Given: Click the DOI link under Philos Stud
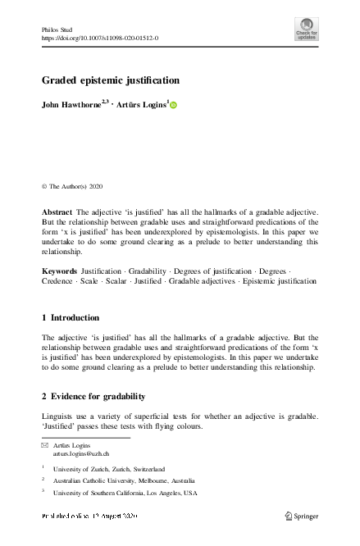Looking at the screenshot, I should click(99, 38).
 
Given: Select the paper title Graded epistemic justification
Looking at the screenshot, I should click(111, 80).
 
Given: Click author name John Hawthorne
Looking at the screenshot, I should click(71, 105).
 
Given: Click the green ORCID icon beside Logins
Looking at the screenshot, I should click(174, 105).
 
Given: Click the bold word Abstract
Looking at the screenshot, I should click(57, 212).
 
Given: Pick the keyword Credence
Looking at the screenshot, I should click(57, 280).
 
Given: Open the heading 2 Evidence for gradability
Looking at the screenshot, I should click(93, 397).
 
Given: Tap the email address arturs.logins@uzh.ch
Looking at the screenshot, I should click(81, 453).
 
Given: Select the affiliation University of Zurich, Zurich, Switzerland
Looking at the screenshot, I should click(108, 469).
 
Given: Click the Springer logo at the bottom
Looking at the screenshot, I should click(300, 516).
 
